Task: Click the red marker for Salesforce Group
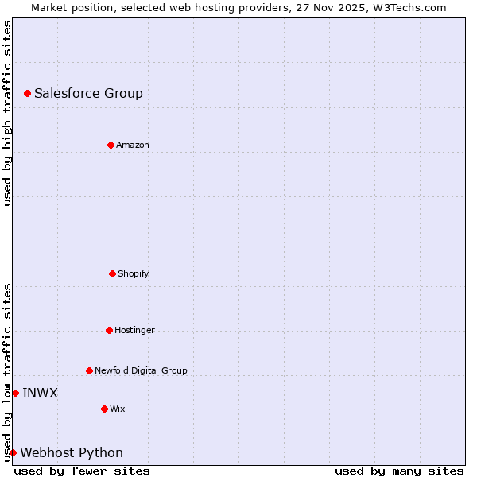pyautogui.click(x=28, y=94)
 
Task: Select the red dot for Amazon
pyautogui.click(x=111, y=145)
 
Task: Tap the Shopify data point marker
pyautogui.click(x=112, y=273)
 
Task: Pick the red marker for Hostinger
pyautogui.click(x=109, y=330)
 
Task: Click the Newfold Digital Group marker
pyautogui.click(x=89, y=370)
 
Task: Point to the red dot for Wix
pyautogui.click(x=104, y=409)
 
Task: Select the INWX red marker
pyautogui.click(x=15, y=393)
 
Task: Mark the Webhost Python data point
pyautogui.click(x=13, y=452)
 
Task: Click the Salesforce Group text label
pyautogui.click(x=88, y=94)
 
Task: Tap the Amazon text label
pyautogui.click(x=133, y=145)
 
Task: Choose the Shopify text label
pyautogui.click(x=133, y=273)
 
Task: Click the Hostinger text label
pyautogui.click(x=134, y=330)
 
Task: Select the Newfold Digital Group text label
pyautogui.click(x=141, y=370)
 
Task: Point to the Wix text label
pyautogui.click(x=118, y=409)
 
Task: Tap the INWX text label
pyautogui.click(x=40, y=393)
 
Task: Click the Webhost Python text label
pyautogui.click(x=72, y=453)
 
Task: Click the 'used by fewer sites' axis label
pyautogui.click(x=82, y=471)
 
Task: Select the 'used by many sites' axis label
pyautogui.click(x=399, y=471)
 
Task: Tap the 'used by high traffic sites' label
pyautogui.click(x=8, y=113)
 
